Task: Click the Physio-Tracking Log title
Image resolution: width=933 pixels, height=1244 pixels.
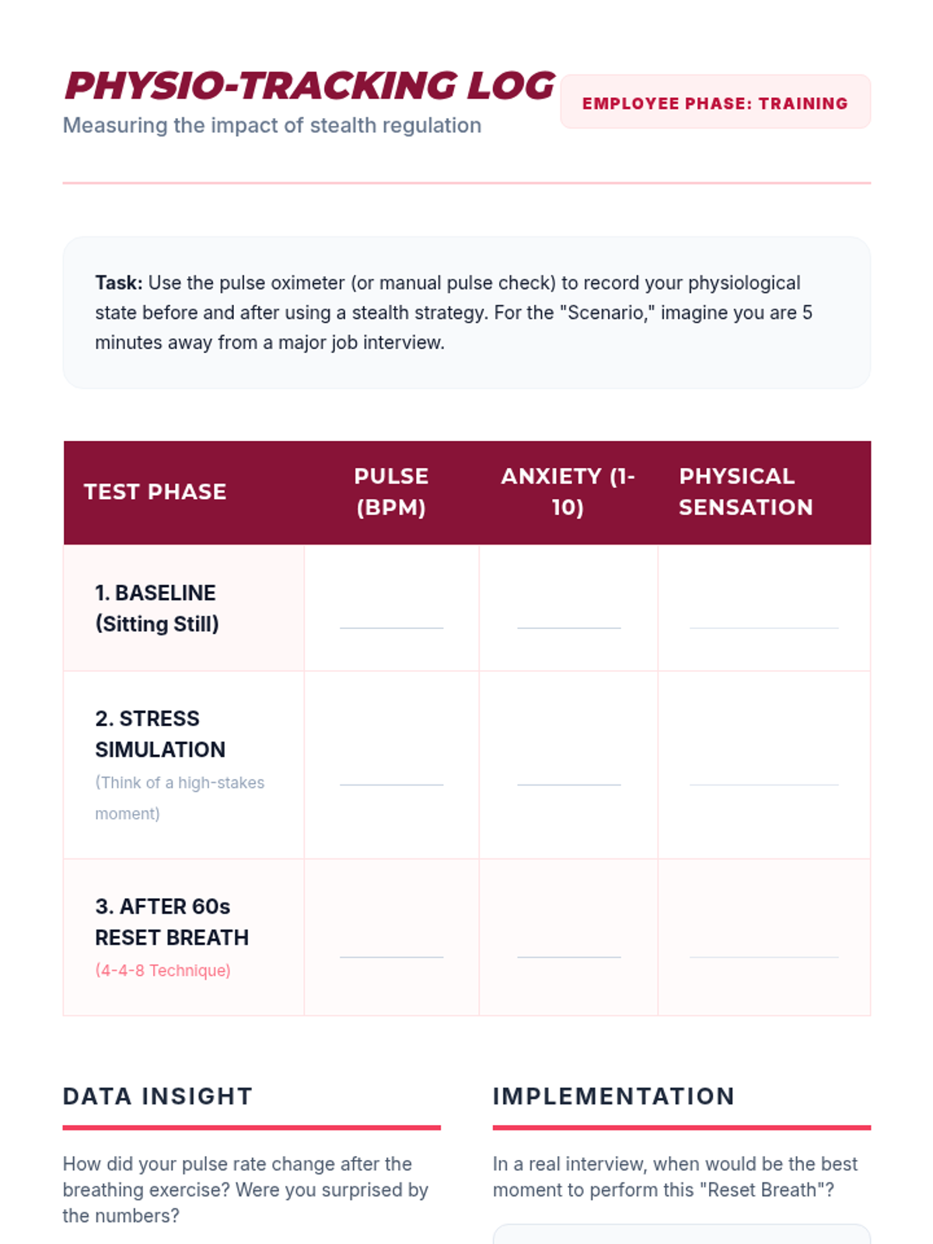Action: pyautogui.click(x=309, y=86)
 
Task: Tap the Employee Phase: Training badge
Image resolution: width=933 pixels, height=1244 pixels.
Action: pyautogui.click(x=715, y=103)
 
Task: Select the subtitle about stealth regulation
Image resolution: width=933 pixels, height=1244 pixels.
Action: pyautogui.click(x=271, y=125)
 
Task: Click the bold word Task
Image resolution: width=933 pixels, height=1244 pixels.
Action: pyautogui.click(x=118, y=283)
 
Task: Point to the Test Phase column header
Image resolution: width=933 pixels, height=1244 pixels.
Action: pyautogui.click(x=155, y=491)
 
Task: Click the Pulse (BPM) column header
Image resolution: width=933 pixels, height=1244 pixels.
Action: pyautogui.click(x=391, y=491)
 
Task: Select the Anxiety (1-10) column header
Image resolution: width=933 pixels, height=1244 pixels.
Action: pyautogui.click(x=568, y=491)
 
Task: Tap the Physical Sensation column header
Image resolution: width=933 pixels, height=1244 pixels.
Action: pyautogui.click(x=745, y=491)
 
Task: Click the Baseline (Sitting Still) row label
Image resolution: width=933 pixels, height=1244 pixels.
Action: pyautogui.click(x=156, y=608)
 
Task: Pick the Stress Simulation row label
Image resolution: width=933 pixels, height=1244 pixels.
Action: pyautogui.click(x=159, y=734)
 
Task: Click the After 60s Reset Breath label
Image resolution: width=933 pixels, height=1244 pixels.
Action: pyautogui.click(x=171, y=922)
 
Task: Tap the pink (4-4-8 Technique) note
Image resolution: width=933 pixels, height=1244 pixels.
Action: pyautogui.click(x=162, y=970)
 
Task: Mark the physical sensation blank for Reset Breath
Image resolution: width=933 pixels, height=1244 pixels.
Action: pyautogui.click(x=764, y=950)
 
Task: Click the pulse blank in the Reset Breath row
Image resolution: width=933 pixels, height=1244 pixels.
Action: pyautogui.click(x=391, y=950)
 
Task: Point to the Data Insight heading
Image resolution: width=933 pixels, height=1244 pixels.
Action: pyautogui.click(x=157, y=1096)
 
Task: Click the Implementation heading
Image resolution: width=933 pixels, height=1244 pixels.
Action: pyautogui.click(x=613, y=1096)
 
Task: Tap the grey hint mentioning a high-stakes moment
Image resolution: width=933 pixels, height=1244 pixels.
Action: pyautogui.click(x=179, y=798)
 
